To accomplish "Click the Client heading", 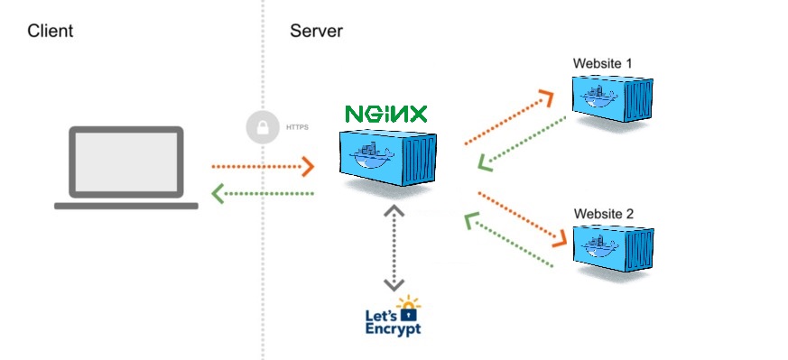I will tap(50, 32).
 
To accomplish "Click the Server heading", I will tap(316, 32).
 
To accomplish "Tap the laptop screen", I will tap(126, 163).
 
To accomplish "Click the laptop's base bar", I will tap(126, 206).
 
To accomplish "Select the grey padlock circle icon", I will tap(262, 127).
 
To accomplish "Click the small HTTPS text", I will tap(297, 128).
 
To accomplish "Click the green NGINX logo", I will tap(386, 114).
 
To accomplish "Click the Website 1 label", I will tap(603, 63).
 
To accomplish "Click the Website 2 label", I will tap(603, 214).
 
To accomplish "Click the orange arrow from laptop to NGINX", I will tap(262, 167).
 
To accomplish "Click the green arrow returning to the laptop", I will tap(262, 193).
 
